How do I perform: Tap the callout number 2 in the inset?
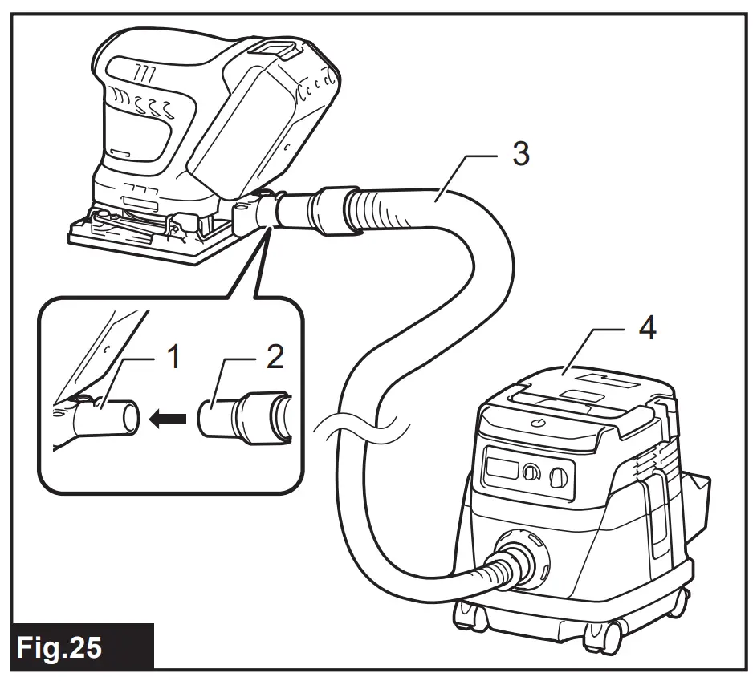[275, 356]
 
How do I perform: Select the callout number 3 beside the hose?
[521, 152]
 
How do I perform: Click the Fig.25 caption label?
[62, 647]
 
